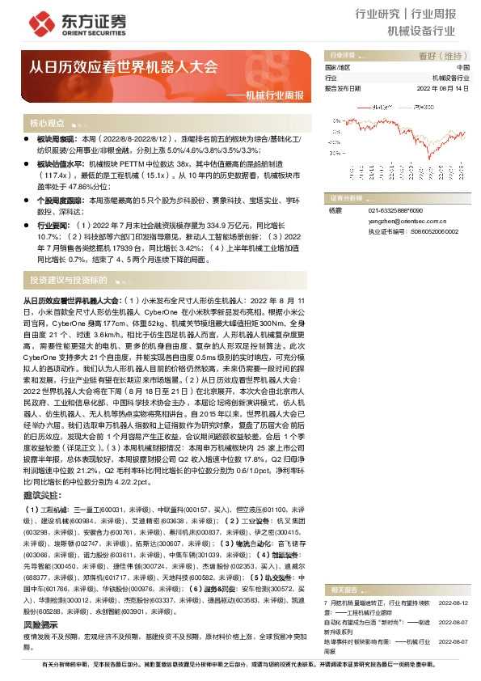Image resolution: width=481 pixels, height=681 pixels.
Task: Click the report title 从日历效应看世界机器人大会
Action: point(124,67)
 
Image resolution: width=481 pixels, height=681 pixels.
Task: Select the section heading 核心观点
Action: point(47,123)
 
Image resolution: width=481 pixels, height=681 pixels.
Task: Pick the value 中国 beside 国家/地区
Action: point(462,67)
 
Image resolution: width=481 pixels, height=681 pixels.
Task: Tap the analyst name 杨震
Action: point(335,210)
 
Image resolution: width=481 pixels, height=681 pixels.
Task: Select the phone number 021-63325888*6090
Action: point(397,210)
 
